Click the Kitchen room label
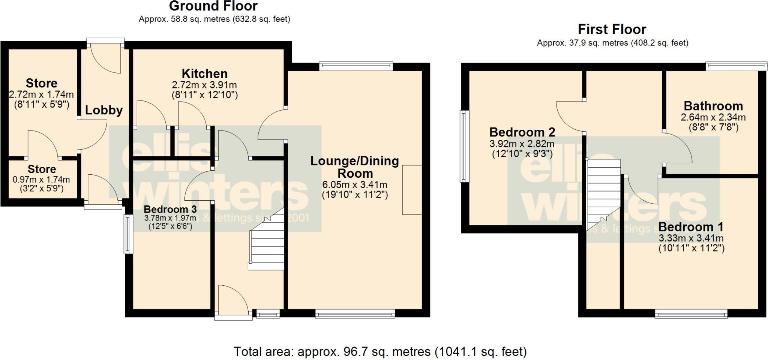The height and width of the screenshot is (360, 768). coord(204,73)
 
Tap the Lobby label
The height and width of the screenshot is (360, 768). coord(104,110)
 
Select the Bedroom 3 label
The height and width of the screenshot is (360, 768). coord(170,209)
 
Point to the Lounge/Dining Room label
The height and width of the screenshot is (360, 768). coord(355,167)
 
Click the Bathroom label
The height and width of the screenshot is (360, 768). coord(713,106)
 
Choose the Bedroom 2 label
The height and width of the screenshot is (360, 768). coord(522,132)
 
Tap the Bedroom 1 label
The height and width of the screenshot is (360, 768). coord(691,227)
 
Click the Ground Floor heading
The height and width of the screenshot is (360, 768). coord(213,6)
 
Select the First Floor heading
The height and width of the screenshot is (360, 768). coord(612,29)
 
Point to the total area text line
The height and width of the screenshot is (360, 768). coord(380,352)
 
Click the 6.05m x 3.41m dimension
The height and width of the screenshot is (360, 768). coord(355,185)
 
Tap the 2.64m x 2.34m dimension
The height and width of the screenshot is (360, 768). coord(713,117)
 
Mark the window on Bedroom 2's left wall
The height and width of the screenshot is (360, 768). coord(465,146)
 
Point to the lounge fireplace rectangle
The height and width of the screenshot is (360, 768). coord(412,190)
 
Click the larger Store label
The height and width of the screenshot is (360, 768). coord(41,83)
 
